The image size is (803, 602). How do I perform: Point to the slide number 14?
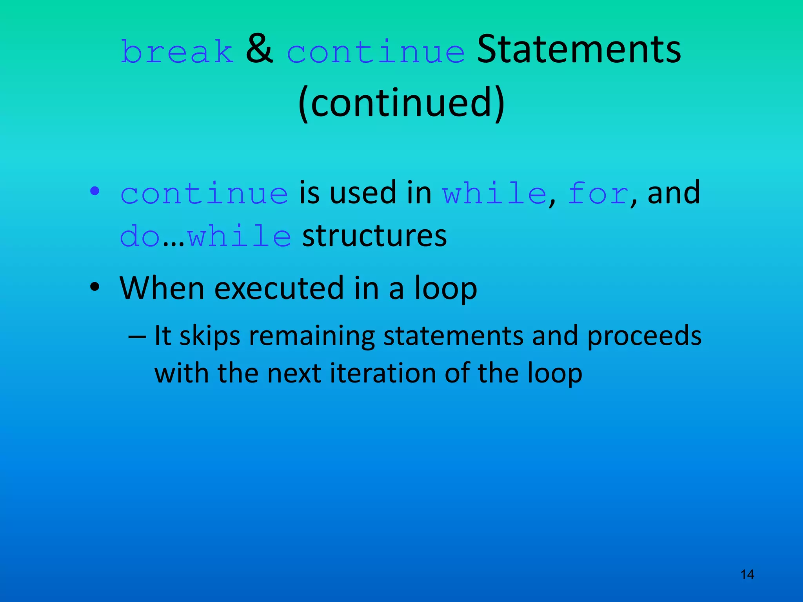(747, 575)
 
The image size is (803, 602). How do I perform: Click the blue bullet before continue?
(94, 191)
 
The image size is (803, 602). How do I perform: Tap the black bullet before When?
(94, 287)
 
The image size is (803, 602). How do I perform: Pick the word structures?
(374, 236)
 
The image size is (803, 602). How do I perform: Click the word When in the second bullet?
(162, 288)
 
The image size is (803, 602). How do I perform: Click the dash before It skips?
(137, 336)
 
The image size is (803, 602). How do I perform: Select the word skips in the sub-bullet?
(210, 336)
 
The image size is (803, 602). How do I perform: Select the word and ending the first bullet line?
(674, 192)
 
